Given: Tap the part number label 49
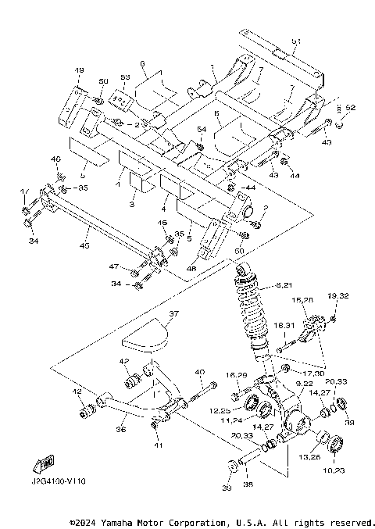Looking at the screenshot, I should pyautogui.click(x=78, y=72).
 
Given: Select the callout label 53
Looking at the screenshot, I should pyautogui.click(x=124, y=78).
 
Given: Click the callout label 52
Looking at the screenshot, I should pyautogui.click(x=350, y=107).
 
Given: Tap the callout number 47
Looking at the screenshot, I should pyautogui.click(x=115, y=267).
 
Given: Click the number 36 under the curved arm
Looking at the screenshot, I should pyautogui.click(x=121, y=429).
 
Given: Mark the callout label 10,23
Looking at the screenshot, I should pyautogui.click(x=337, y=470).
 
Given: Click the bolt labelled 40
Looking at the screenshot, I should pyautogui.click(x=205, y=388).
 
